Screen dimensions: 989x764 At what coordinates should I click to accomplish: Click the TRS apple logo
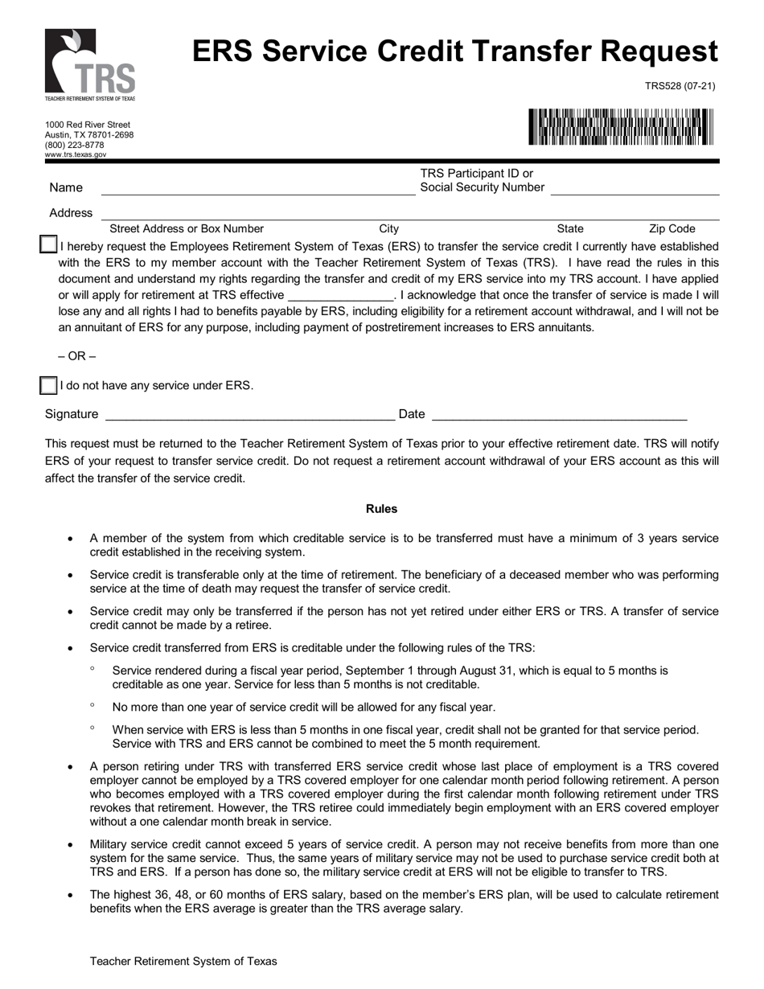[x=89, y=64]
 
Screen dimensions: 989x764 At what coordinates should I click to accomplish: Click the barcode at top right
[x=621, y=127]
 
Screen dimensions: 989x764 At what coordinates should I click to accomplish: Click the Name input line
[x=257, y=190]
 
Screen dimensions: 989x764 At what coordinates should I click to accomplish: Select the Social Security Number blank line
[x=635, y=190]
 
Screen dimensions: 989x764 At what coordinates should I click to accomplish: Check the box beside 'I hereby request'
[x=48, y=245]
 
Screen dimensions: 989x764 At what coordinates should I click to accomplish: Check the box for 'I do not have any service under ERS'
[x=48, y=386]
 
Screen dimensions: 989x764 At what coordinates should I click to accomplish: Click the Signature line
[x=249, y=416]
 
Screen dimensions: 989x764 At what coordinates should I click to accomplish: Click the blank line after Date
[x=559, y=416]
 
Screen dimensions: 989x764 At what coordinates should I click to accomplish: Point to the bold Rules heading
[x=381, y=509]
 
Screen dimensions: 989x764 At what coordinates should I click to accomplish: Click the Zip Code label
[x=672, y=229]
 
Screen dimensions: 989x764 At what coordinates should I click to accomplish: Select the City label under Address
[x=388, y=229]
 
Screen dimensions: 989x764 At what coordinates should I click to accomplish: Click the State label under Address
[x=570, y=229]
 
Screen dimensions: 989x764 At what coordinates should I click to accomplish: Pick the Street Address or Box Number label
[x=187, y=229]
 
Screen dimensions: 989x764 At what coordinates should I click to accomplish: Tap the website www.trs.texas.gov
[x=76, y=154]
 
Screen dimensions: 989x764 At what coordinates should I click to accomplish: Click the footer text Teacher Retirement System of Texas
[x=183, y=961]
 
